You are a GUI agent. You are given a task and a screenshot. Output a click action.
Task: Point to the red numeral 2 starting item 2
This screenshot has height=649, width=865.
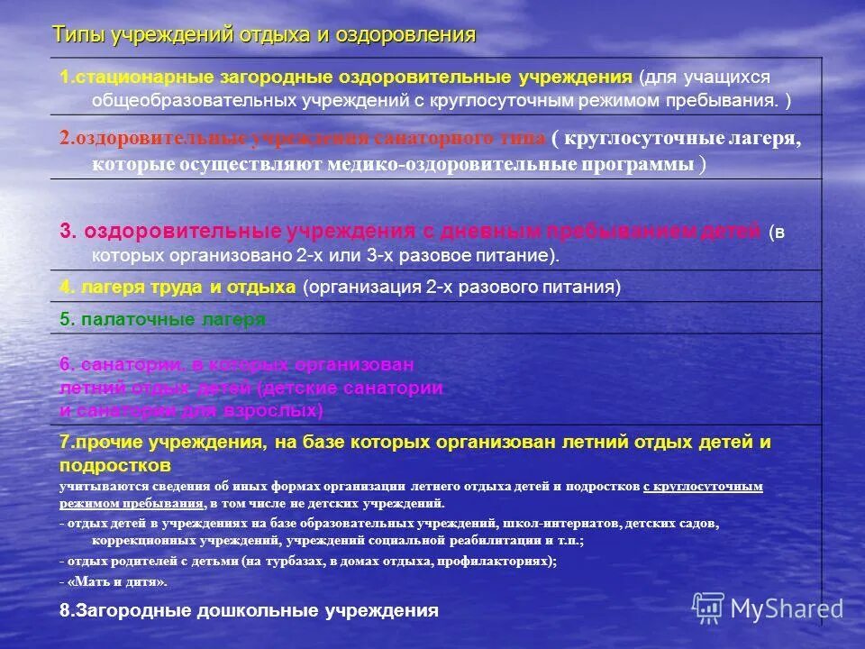pos(65,138)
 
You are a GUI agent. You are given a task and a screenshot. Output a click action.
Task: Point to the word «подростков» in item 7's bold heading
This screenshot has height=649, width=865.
pos(115,466)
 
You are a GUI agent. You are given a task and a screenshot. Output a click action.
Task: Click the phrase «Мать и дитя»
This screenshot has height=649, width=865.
pos(116,581)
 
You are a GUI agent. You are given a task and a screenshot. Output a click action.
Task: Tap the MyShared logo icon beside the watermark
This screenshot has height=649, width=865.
pos(709,608)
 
